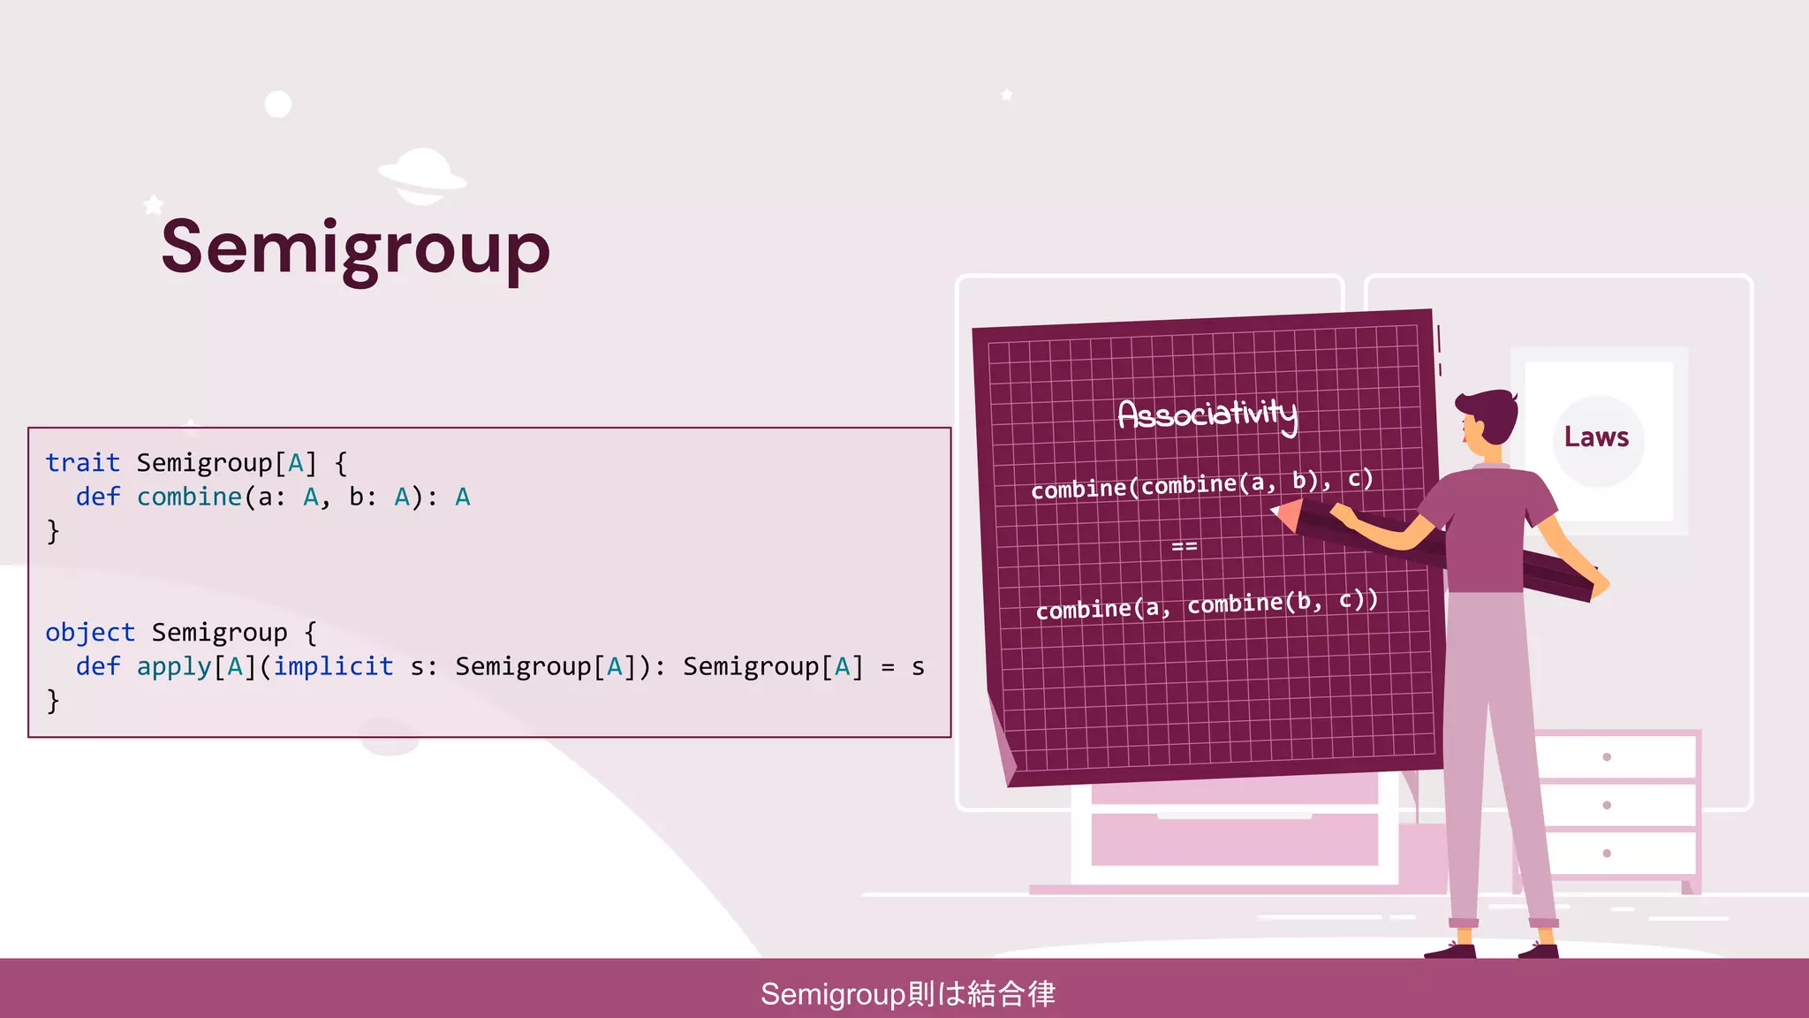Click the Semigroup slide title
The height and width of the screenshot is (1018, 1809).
click(355, 248)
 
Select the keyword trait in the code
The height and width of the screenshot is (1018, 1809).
click(82, 462)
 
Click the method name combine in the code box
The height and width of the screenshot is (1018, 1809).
click(189, 497)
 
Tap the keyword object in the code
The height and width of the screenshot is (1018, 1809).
click(90, 632)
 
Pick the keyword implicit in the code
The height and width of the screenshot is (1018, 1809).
click(333, 665)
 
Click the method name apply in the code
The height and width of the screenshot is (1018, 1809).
click(174, 667)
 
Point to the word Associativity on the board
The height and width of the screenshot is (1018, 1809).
click(1207, 414)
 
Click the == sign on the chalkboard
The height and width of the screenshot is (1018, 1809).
click(1185, 547)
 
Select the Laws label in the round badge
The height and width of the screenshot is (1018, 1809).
click(1596, 437)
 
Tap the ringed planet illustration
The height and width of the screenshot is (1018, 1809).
click(422, 176)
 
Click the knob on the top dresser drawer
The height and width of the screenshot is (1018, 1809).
click(1607, 757)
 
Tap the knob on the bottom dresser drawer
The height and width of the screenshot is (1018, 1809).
click(1607, 854)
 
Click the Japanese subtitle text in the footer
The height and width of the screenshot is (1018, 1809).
click(907, 994)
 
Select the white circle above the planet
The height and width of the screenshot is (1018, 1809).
click(278, 104)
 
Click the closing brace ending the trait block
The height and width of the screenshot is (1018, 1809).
click(53, 531)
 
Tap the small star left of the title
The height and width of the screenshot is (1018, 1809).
click(154, 205)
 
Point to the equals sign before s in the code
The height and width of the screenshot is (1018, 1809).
click(888, 667)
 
